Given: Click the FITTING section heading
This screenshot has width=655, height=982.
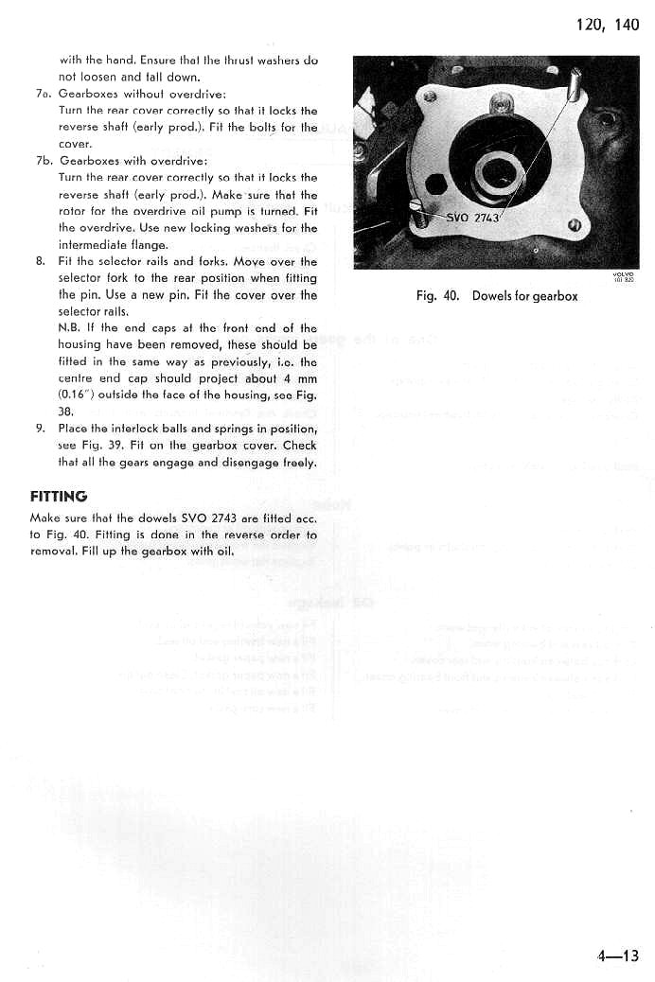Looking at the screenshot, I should pyautogui.click(x=59, y=496).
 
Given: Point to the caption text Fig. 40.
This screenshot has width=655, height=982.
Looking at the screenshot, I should pyautogui.click(x=437, y=296).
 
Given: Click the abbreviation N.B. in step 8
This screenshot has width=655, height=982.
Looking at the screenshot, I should pyautogui.click(x=69, y=328).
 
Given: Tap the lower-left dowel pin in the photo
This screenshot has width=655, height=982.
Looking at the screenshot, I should pyautogui.click(x=419, y=213).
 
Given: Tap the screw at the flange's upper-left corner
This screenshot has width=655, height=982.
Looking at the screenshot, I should pyautogui.click(x=431, y=96).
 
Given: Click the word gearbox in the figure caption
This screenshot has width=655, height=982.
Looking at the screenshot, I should pyautogui.click(x=555, y=296).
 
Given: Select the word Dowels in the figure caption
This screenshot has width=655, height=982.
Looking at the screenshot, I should pyautogui.click(x=492, y=296).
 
